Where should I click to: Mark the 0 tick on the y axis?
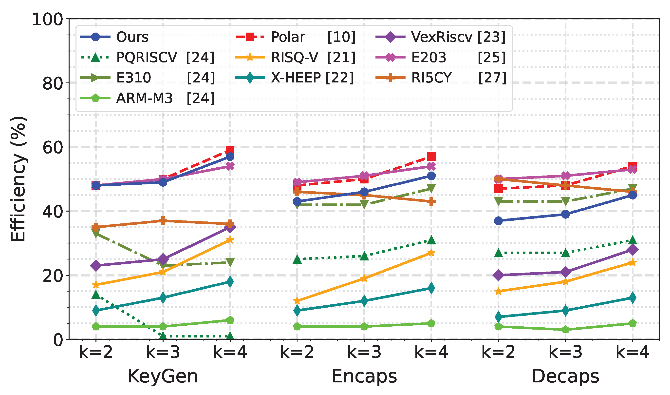pos(58,340)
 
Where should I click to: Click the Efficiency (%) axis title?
pos(18,179)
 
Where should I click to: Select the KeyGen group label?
pos(163,376)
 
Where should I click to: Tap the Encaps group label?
pos(364,376)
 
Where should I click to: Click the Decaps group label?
pos(565,376)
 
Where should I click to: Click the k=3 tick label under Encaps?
pos(364,352)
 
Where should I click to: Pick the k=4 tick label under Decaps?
pos(633,352)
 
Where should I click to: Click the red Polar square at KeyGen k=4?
pos(230,150)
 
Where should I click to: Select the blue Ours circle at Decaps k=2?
pos(499,221)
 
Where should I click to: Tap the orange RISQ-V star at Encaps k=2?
pos(297,301)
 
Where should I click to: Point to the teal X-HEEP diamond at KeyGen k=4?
pos(230,282)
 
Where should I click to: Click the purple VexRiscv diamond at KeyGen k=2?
pos(96,266)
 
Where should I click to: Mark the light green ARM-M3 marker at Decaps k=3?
pos(565,330)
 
